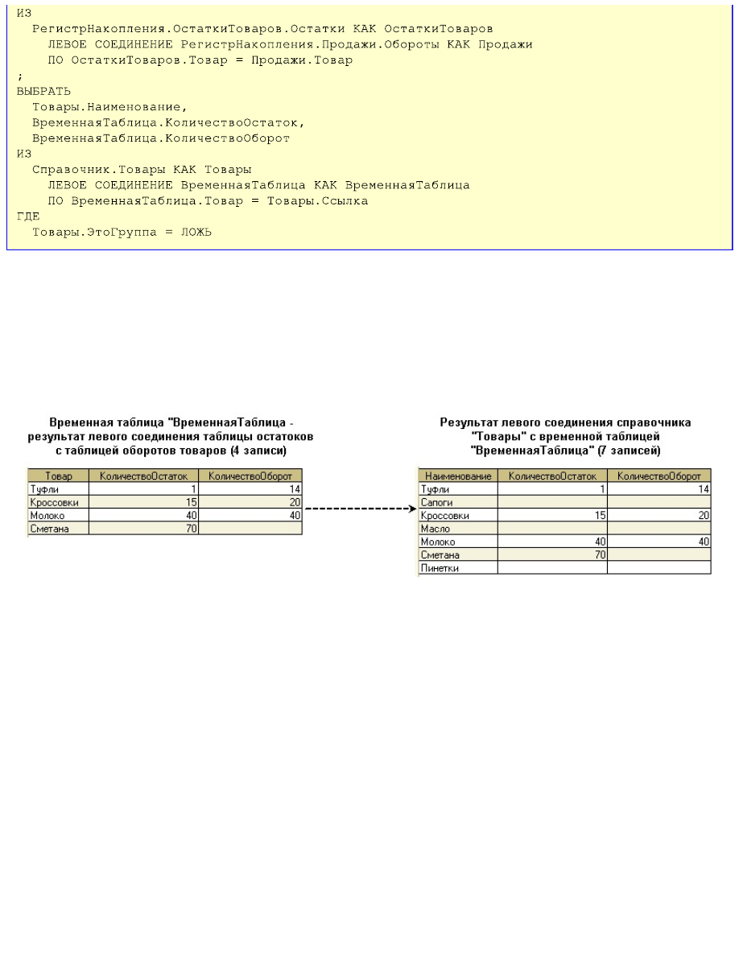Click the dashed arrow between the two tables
pyautogui.click(x=360, y=509)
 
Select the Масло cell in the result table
pyautogui.click(x=436, y=529)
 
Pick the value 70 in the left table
pyautogui.click(x=192, y=529)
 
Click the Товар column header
pyautogui.click(x=59, y=476)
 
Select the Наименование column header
pyautogui.click(x=458, y=476)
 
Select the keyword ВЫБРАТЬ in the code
pyautogui.click(x=43, y=91)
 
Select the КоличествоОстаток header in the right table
pyautogui.click(x=552, y=476)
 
